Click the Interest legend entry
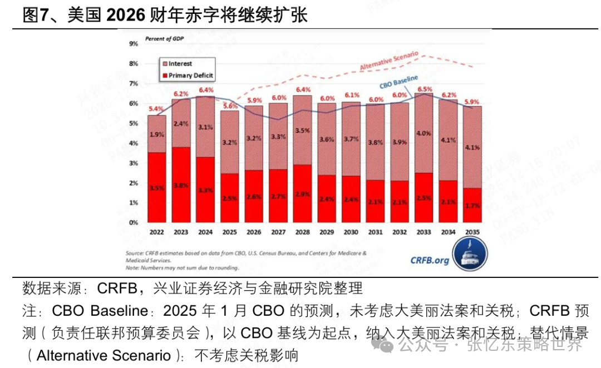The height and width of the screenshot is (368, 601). (x=180, y=63)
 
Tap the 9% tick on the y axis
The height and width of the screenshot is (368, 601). (x=134, y=44)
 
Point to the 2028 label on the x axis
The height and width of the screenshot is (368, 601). (x=302, y=232)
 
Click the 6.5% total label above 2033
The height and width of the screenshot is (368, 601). (x=425, y=89)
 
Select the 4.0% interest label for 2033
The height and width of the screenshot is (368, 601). (x=425, y=133)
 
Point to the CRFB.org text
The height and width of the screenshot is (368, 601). (x=430, y=260)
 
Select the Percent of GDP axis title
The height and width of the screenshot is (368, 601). (x=164, y=38)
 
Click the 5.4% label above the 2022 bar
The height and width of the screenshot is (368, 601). (x=156, y=108)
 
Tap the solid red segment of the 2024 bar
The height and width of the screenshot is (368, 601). (x=205, y=189)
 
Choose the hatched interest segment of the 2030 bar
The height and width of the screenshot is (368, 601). (x=351, y=139)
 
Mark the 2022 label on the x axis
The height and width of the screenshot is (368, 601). (x=156, y=232)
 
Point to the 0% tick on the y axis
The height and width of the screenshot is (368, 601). (x=134, y=222)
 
